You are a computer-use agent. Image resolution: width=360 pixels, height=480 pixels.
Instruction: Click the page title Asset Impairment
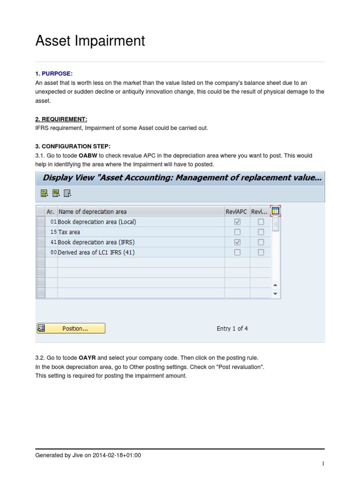(x=90, y=41)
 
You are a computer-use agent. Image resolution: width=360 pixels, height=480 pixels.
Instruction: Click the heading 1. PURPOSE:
(x=54, y=74)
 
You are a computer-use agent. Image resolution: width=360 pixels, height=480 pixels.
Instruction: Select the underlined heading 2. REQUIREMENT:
(x=61, y=120)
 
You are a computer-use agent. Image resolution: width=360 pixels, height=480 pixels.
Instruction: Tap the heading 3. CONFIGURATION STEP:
(x=73, y=147)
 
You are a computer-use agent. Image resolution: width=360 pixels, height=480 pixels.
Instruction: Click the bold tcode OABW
(x=86, y=156)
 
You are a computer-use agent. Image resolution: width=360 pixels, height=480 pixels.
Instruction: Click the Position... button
(x=71, y=329)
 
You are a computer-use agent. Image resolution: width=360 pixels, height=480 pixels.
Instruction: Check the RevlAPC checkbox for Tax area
(x=237, y=232)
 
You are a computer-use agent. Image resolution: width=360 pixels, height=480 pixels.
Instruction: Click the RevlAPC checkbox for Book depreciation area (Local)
(x=237, y=222)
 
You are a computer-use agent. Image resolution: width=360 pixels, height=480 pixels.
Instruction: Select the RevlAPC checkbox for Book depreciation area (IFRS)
(x=237, y=242)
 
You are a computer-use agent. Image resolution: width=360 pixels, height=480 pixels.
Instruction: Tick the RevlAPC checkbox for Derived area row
(x=237, y=253)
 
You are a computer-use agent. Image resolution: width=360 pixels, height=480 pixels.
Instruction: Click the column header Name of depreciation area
(x=92, y=211)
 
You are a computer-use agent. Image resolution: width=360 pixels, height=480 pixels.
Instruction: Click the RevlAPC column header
(x=236, y=211)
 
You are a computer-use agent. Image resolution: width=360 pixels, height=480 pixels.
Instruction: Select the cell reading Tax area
(x=69, y=232)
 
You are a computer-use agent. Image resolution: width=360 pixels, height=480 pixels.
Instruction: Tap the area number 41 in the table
(x=53, y=242)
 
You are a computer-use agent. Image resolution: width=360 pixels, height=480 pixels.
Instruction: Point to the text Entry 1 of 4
(x=232, y=329)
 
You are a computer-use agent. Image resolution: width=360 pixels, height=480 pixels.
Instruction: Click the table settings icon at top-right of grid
(x=276, y=211)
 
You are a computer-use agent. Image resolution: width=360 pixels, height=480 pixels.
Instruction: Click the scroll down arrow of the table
(x=276, y=294)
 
